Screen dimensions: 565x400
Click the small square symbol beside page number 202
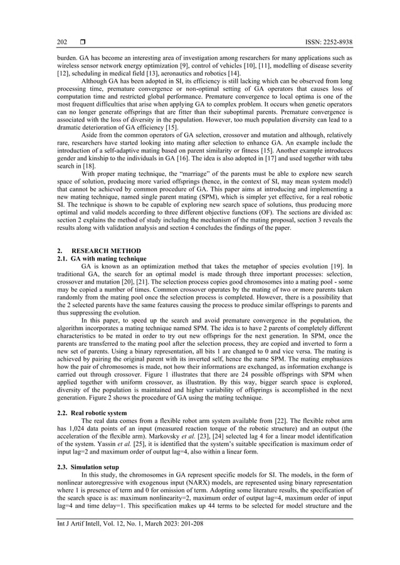tap(82, 42)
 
